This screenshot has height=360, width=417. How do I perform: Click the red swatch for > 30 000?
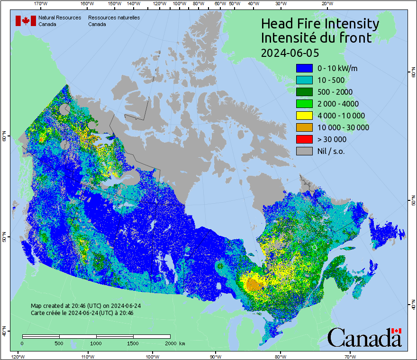click(x=304, y=139)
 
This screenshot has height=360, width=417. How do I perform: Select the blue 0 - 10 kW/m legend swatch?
click(x=304, y=68)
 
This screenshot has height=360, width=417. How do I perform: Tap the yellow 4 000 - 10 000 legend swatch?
click(x=304, y=116)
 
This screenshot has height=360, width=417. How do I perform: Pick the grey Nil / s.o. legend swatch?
click(x=304, y=151)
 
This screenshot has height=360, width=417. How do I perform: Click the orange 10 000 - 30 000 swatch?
click(x=304, y=127)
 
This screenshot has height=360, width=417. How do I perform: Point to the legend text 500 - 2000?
click(x=335, y=92)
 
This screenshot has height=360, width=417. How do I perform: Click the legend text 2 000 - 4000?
click(x=338, y=104)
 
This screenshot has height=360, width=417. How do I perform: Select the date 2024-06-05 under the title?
click(x=290, y=52)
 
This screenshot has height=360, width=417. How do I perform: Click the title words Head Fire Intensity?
click(x=320, y=24)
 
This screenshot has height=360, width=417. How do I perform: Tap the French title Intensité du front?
click(x=317, y=38)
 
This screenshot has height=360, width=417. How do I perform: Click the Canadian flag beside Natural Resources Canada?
click(x=26, y=21)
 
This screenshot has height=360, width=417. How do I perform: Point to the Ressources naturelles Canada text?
click(x=114, y=21)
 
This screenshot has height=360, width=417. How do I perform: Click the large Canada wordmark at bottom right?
click(x=364, y=337)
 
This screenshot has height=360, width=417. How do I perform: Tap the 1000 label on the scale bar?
click(x=96, y=343)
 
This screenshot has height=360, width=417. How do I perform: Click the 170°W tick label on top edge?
click(x=41, y=3)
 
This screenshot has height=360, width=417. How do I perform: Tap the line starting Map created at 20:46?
click(x=86, y=306)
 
